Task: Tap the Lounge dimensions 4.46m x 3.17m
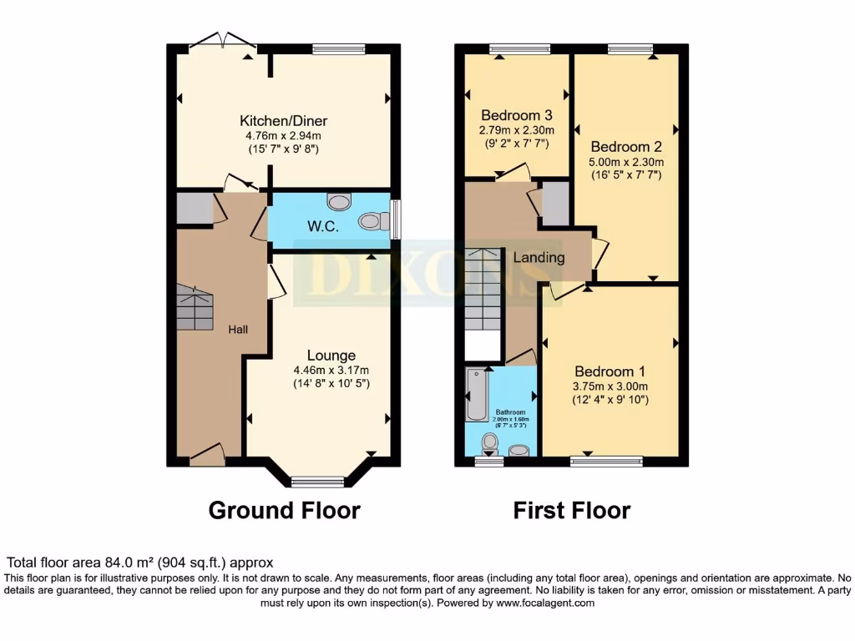[331, 370]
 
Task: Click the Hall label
[238, 330]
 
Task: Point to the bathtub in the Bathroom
[477, 394]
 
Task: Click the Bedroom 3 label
[516, 115]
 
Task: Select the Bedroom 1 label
[610, 371]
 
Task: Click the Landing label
[539, 257]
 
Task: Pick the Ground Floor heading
[284, 510]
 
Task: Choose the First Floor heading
[571, 510]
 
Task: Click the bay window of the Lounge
[317, 481]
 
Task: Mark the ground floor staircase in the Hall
[195, 308]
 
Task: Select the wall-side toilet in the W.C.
[373, 221]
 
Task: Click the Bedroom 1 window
[607, 460]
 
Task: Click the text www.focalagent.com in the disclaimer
[545, 602]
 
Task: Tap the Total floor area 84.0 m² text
[139, 563]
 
